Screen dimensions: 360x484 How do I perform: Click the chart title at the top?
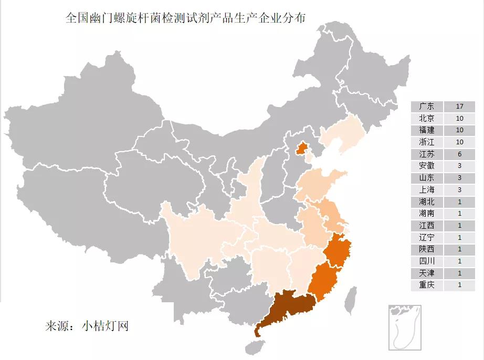[185, 17]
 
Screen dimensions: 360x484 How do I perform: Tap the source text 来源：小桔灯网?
[87, 326]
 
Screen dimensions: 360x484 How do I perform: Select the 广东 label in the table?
[427, 106]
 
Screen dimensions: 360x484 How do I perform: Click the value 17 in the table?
[459, 106]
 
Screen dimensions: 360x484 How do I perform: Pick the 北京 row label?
[427, 118]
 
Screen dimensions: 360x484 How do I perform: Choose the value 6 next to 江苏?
[459, 154]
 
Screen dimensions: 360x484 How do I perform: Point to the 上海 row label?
[427, 189]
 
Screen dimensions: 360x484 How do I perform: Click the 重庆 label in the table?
[427, 285]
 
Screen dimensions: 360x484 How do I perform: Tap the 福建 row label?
[427, 130]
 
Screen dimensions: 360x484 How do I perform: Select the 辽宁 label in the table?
[427, 237]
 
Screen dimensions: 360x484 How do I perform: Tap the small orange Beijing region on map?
[301, 149]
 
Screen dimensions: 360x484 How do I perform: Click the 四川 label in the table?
[427, 261]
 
